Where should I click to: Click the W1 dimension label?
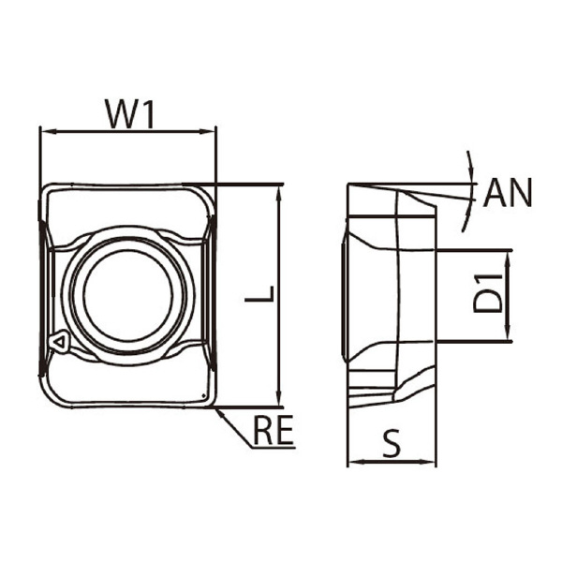pos(130,114)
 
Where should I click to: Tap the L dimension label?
pos(259,294)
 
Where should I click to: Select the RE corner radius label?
pos(274,430)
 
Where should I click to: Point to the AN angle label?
pos(508,193)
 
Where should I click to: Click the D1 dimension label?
pos(488,294)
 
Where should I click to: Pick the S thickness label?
pos(392,443)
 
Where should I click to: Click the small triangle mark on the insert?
pos(59,342)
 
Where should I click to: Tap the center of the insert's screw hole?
pos(128,296)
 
